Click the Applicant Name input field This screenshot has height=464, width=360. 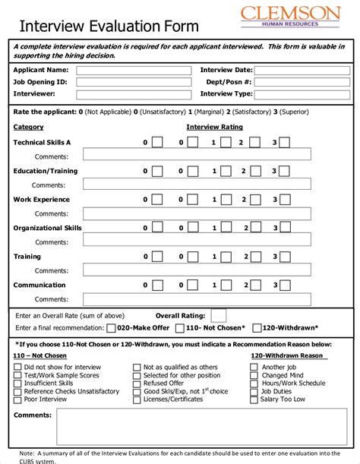134,70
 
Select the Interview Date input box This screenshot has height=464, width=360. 302,70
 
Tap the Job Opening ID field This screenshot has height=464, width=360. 134,82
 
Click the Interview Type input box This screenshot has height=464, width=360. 302,94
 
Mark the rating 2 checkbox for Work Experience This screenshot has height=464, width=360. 254,200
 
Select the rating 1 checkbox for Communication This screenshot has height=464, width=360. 226,286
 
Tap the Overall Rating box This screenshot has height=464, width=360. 218,315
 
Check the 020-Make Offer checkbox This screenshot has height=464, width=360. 112,328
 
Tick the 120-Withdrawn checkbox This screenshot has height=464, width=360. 257,328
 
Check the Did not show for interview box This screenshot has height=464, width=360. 17,367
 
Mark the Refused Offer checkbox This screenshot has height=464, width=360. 137,384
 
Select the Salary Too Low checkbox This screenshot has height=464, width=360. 254,399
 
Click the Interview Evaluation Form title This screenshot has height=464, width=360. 109,27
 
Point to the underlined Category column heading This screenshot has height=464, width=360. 28,127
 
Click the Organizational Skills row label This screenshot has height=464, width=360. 47,228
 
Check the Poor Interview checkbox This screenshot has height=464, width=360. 17,399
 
